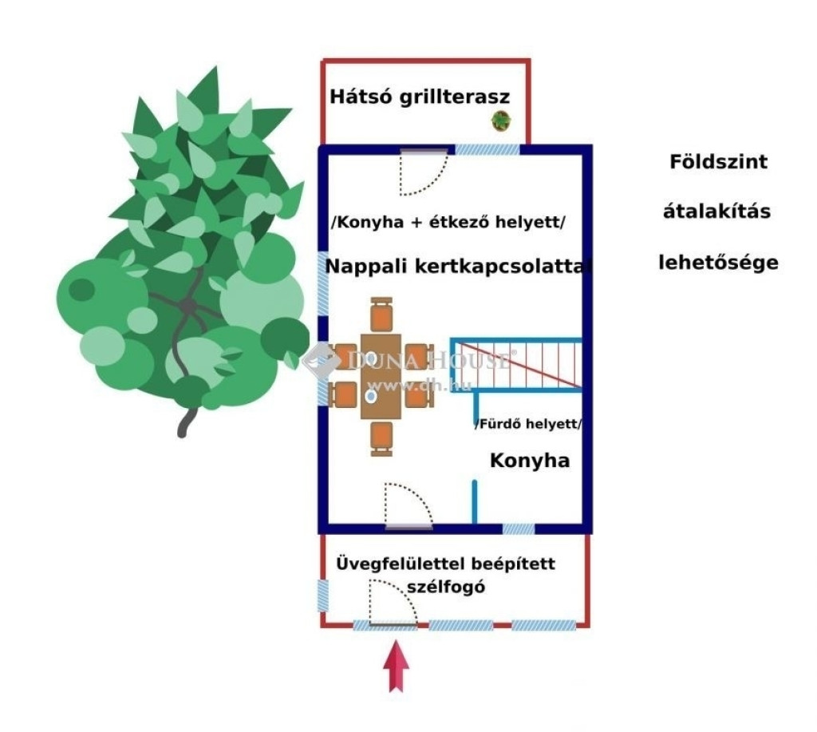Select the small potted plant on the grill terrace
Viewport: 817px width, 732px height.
501,121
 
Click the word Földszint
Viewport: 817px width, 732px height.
717,162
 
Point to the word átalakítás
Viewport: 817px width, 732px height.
717,212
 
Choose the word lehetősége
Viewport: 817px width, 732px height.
717,263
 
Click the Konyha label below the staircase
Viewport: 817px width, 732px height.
529,461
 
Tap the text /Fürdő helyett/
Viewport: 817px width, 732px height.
528,424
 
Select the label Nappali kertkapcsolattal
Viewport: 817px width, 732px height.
460,267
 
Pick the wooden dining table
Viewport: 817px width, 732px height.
381,376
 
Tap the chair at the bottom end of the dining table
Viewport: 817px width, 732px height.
382,438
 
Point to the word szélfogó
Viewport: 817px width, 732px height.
446,587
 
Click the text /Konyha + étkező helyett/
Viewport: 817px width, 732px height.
448,223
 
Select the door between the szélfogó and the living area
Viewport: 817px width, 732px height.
407,506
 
